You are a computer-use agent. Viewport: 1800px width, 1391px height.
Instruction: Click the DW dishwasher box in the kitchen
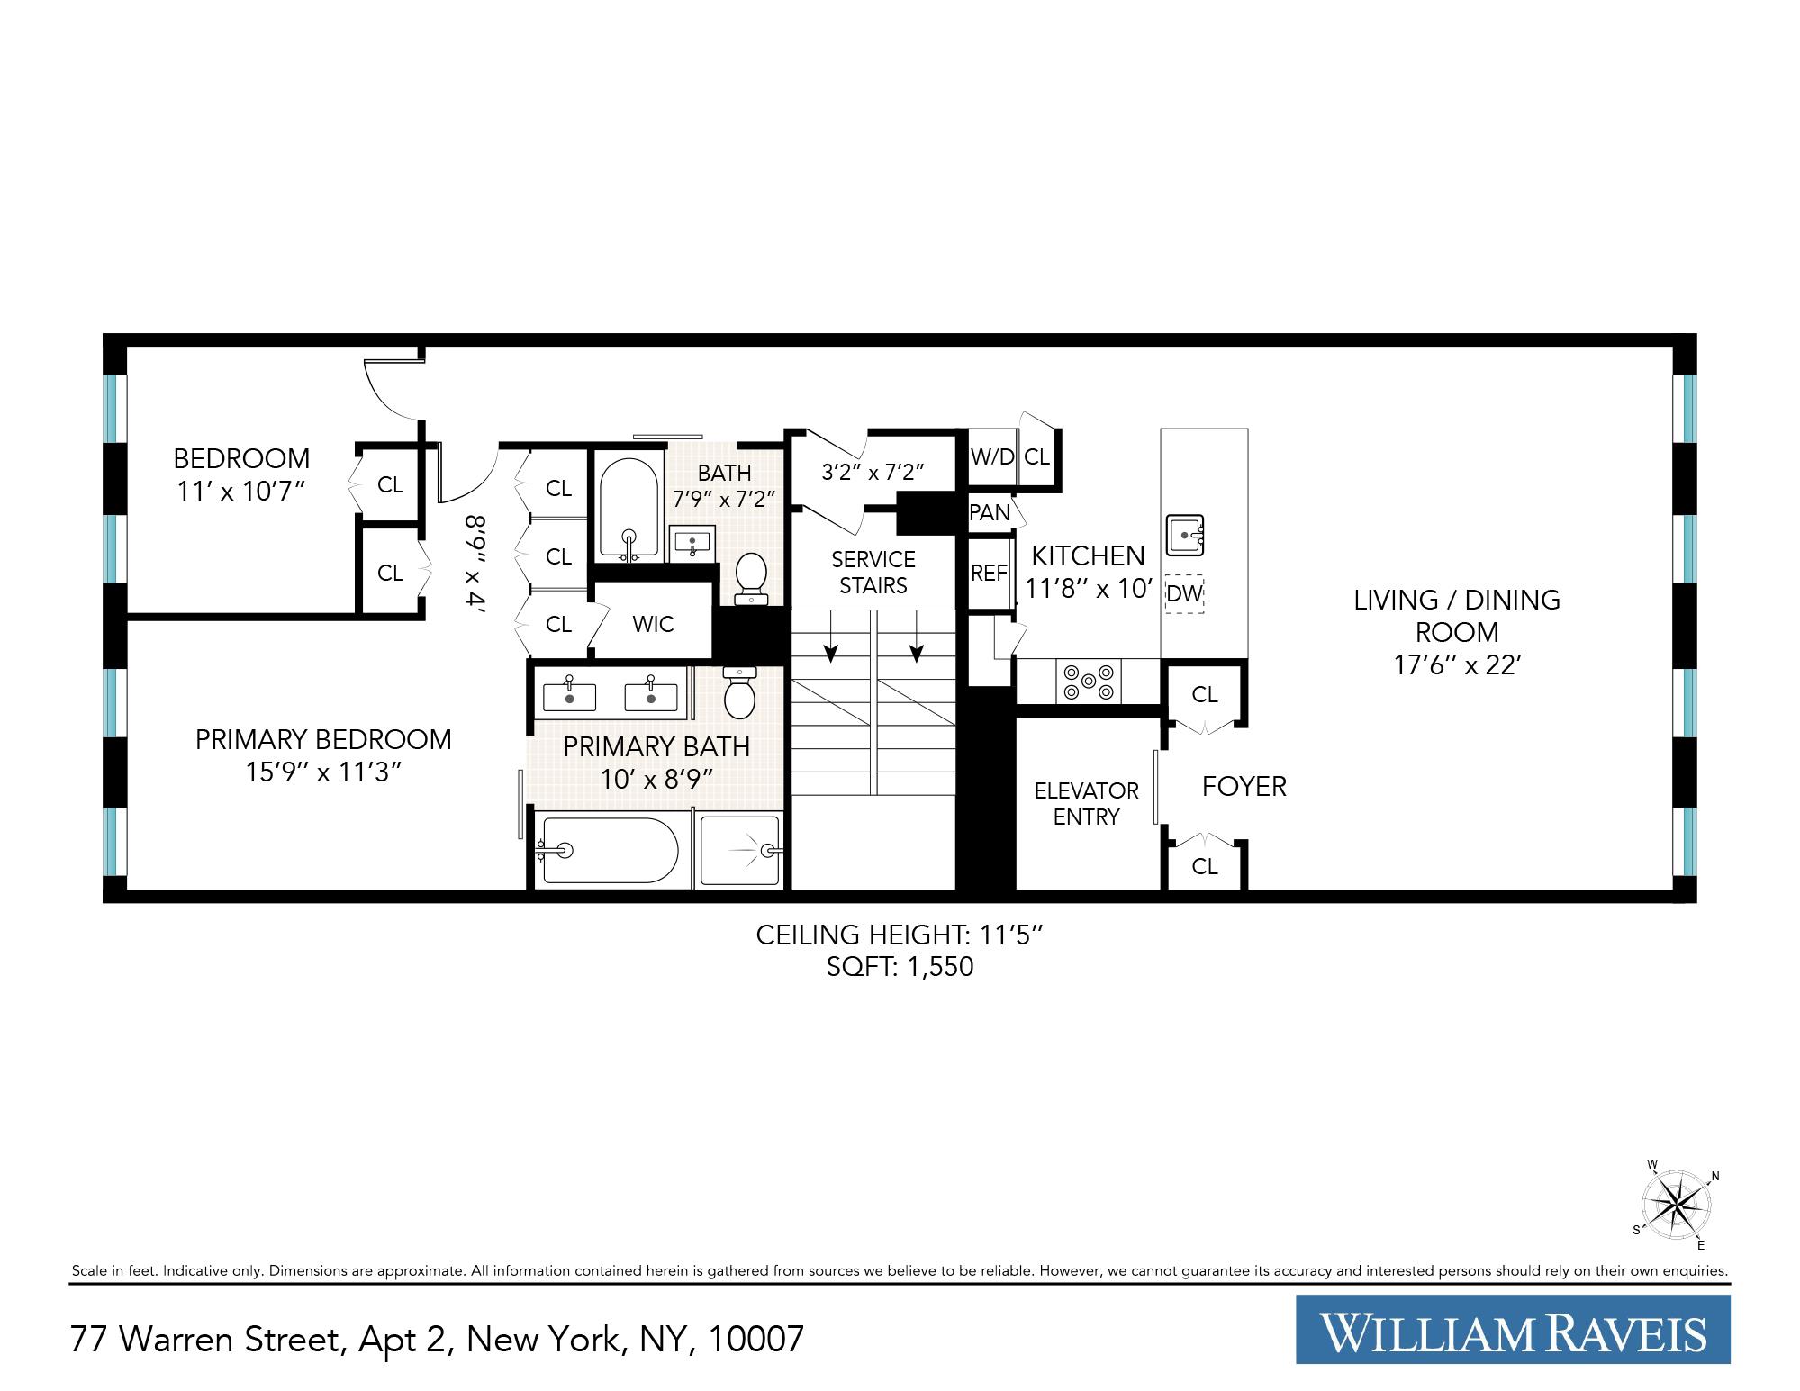(x=1184, y=594)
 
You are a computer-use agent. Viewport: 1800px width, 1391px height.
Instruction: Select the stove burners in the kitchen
(x=1089, y=682)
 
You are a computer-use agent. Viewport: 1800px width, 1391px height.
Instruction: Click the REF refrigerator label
(x=988, y=574)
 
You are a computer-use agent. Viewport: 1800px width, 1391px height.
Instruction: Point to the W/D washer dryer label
(x=991, y=456)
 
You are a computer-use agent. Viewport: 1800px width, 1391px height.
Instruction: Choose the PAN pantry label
(x=990, y=512)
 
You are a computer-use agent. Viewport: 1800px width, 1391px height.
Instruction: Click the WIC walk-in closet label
(x=653, y=624)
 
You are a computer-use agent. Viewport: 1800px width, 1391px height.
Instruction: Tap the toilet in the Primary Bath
(x=739, y=694)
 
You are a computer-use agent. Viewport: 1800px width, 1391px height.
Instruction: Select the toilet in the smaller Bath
(x=750, y=577)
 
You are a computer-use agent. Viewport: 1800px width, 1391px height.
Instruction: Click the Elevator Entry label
(x=1086, y=804)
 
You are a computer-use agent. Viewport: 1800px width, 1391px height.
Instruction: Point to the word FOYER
(x=1244, y=787)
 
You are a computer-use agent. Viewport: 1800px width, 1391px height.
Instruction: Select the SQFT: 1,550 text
(x=900, y=967)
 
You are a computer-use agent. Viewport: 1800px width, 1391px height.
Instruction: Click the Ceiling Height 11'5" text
(x=900, y=935)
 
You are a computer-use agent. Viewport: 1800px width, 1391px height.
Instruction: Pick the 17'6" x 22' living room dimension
(x=1457, y=665)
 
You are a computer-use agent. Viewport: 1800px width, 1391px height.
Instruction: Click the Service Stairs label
(x=873, y=573)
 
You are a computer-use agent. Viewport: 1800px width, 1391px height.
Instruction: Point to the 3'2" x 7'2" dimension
(x=873, y=472)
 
